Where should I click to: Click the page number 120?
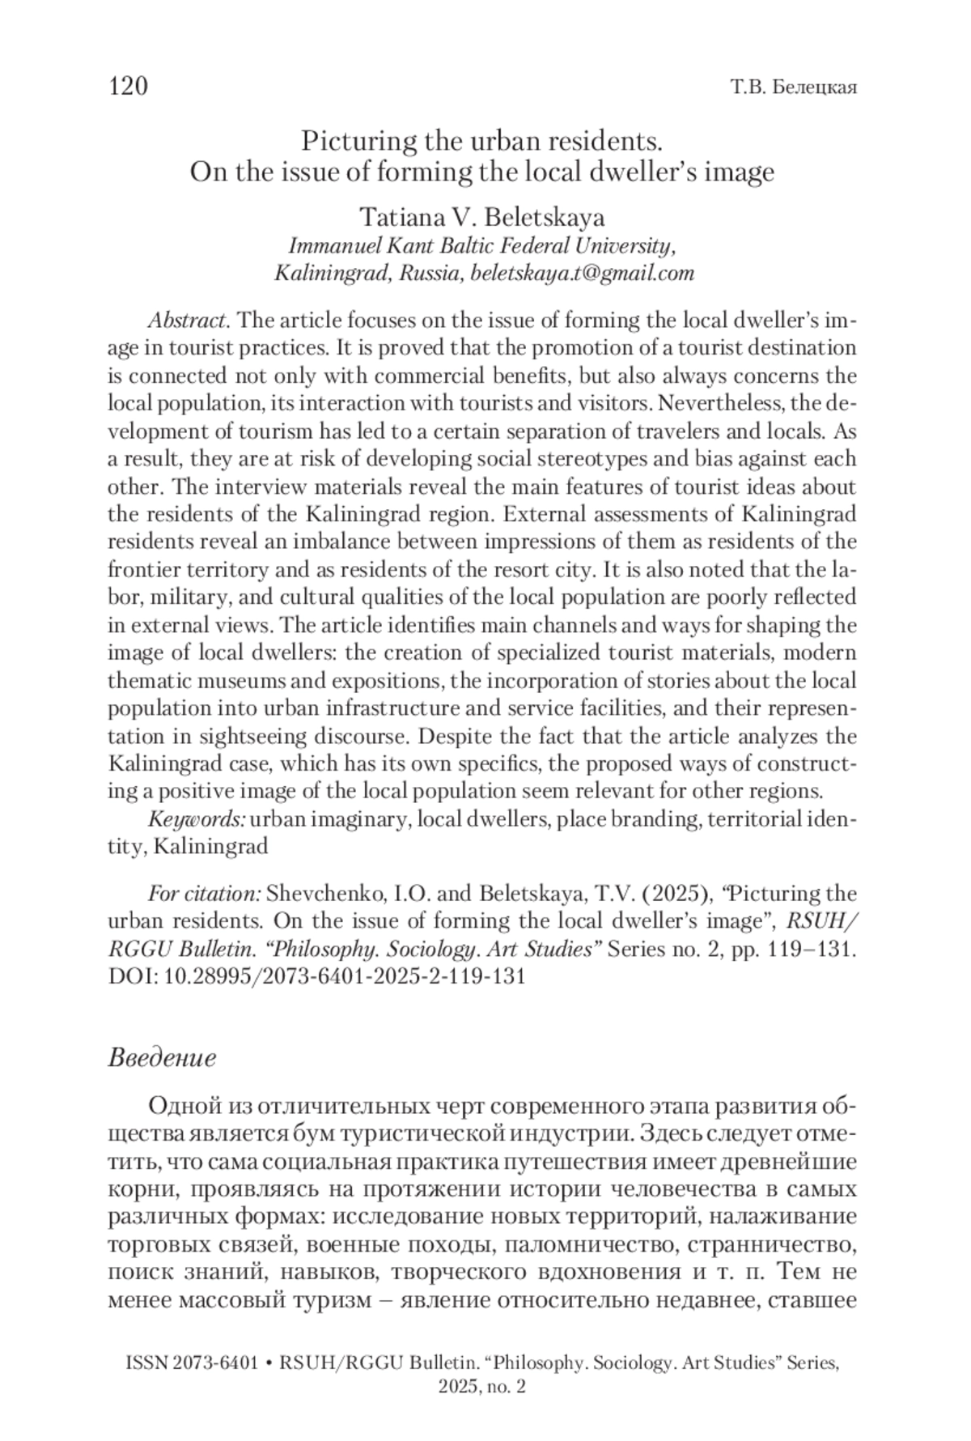[x=128, y=86]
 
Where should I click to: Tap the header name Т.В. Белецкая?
[x=793, y=87]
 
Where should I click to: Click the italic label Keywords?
[x=197, y=819]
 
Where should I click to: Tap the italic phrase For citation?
[x=204, y=894]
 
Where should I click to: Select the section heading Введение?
[x=162, y=1058]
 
